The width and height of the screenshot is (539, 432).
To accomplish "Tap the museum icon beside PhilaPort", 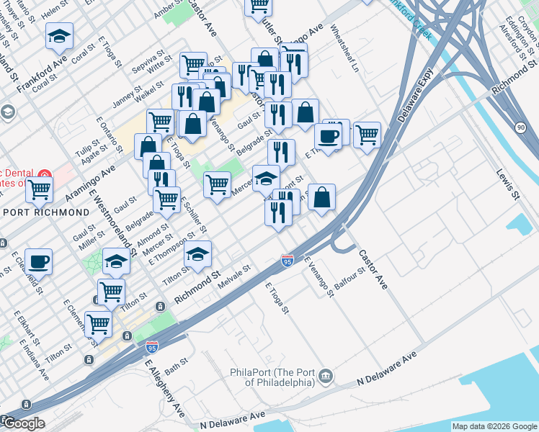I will pos(326,375).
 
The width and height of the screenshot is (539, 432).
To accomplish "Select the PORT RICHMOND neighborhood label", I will pos(46,212).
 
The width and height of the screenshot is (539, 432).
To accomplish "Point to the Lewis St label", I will pos(507,184).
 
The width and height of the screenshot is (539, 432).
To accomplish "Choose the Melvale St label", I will pos(233,277).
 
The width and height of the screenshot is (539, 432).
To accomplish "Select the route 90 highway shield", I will pos(521,127).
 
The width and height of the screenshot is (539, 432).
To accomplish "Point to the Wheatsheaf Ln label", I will pos(344,48).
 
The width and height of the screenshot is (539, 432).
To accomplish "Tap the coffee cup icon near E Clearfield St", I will pos(38,261).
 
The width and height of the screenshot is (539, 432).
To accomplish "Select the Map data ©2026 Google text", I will pos(494,426).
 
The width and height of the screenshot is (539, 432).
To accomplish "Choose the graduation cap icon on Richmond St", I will pos(198,252).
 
